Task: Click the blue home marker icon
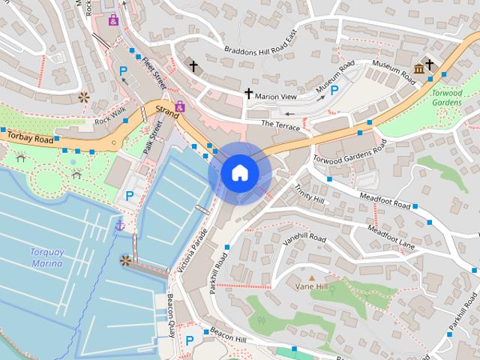pos(239,172)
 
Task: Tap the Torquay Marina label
pos(46,258)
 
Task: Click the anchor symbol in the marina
pos(118,225)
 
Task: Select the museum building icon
pos(418,69)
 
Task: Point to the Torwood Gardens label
pos(447,97)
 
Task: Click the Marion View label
pos(276,97)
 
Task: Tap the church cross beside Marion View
pos(248,94)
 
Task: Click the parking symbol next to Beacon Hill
pos(190,340)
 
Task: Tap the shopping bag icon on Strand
pos(180,106)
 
